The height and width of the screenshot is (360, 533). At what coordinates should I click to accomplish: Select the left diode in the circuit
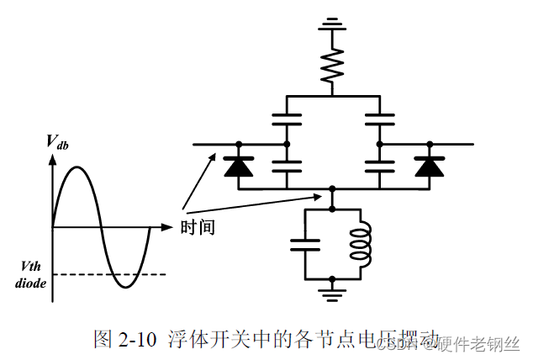[239, 167]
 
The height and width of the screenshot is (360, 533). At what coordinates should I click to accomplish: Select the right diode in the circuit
[430, 167]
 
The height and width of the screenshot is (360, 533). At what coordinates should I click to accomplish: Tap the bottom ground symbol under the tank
[333, 291]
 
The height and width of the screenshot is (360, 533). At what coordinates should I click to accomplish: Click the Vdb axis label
[57, 144]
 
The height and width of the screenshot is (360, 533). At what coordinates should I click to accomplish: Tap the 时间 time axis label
[198, 227]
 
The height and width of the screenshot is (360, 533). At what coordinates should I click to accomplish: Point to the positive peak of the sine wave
[77, 168]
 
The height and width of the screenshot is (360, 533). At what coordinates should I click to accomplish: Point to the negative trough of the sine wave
[125, 287]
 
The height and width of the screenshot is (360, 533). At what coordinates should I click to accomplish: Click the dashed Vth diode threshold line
[109, 274]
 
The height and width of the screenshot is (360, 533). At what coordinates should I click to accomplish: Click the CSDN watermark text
[391, 343]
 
